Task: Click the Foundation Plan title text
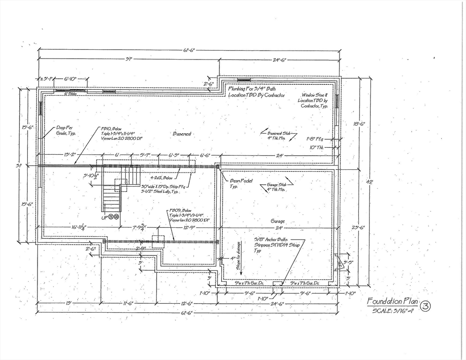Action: (x=392, y=301)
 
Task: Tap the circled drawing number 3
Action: (x=425, y=307)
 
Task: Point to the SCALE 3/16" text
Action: (x=393, y=310)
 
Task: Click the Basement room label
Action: (x=182, y=134)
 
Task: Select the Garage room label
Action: (x=278, y=221)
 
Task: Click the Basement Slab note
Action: (x=279, y=135)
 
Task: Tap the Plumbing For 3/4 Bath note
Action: (x=256, y=91)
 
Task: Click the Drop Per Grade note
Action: (x=66, y=130)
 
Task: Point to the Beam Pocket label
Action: (x=241, y=183)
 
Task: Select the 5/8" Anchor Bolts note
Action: (x=278, y=244)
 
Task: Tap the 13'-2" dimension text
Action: (x=68, y=155)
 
